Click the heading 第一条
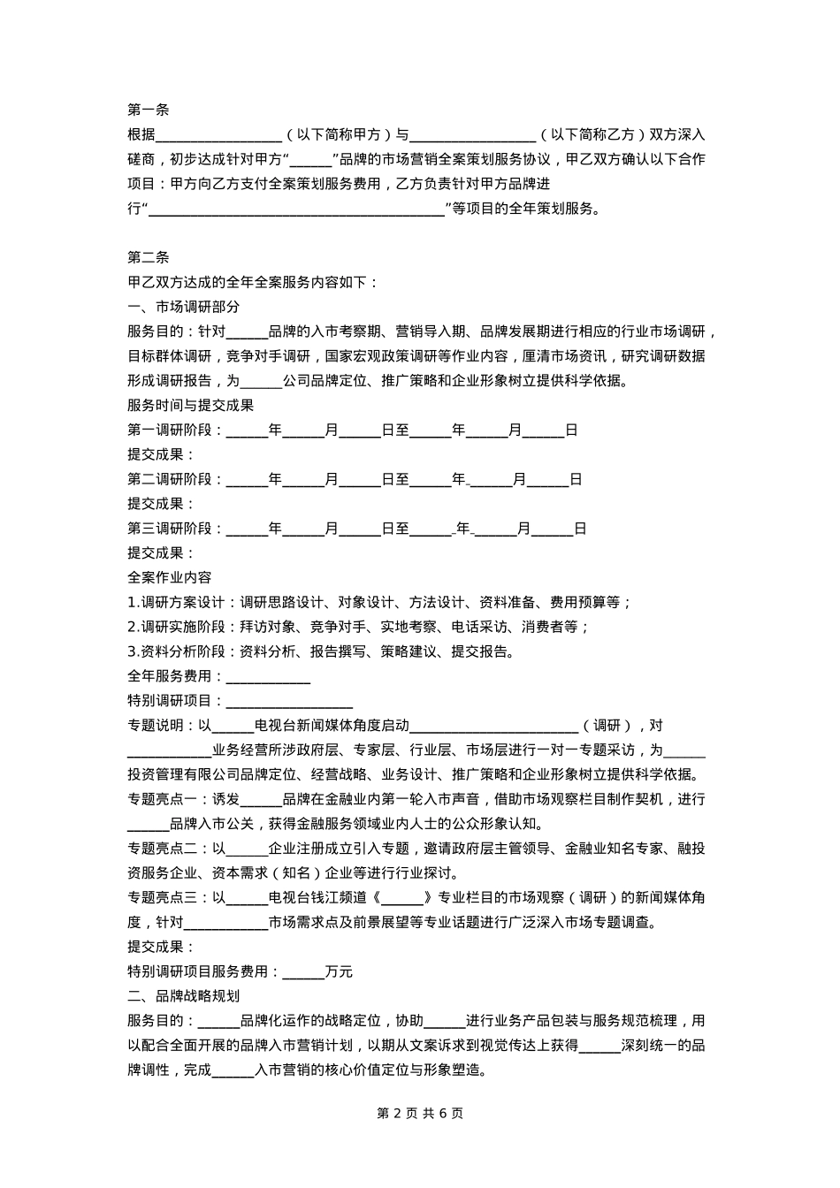(x=149, y=110)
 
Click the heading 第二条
(x=149, y=258)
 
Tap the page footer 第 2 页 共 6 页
(x=420, y=1113)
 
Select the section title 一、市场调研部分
(x=184, y=308)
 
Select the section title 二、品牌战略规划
(x=184, y=996)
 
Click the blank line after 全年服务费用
(x=269, y=677)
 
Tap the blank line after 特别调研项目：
(x=290, y=702)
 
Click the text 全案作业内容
(x=170, y=578)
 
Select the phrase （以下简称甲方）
(x=338, y=135)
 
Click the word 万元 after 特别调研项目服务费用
(x=339, y=971)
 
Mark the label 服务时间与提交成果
(x=191, y=406)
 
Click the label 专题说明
(x=156, y=726)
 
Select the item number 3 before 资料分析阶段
(x=132, y=652)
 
